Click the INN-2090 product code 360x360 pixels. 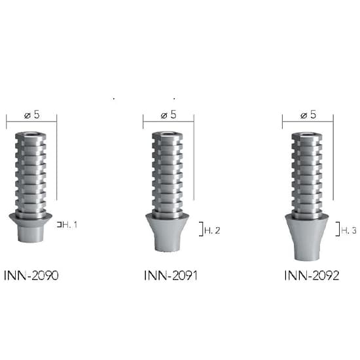pos(31,276)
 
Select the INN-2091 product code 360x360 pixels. pos(170,276)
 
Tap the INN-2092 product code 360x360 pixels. pos(312,276)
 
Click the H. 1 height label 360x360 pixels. pos(70,225)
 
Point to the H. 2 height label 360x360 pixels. pos(212,230)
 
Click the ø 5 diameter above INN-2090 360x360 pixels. pos(31,115)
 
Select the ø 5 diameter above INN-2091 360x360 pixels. pos(169,115)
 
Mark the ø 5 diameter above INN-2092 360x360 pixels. pos(308,115)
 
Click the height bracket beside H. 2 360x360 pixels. pos(200,228)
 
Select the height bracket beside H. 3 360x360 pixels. pos(337,228)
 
